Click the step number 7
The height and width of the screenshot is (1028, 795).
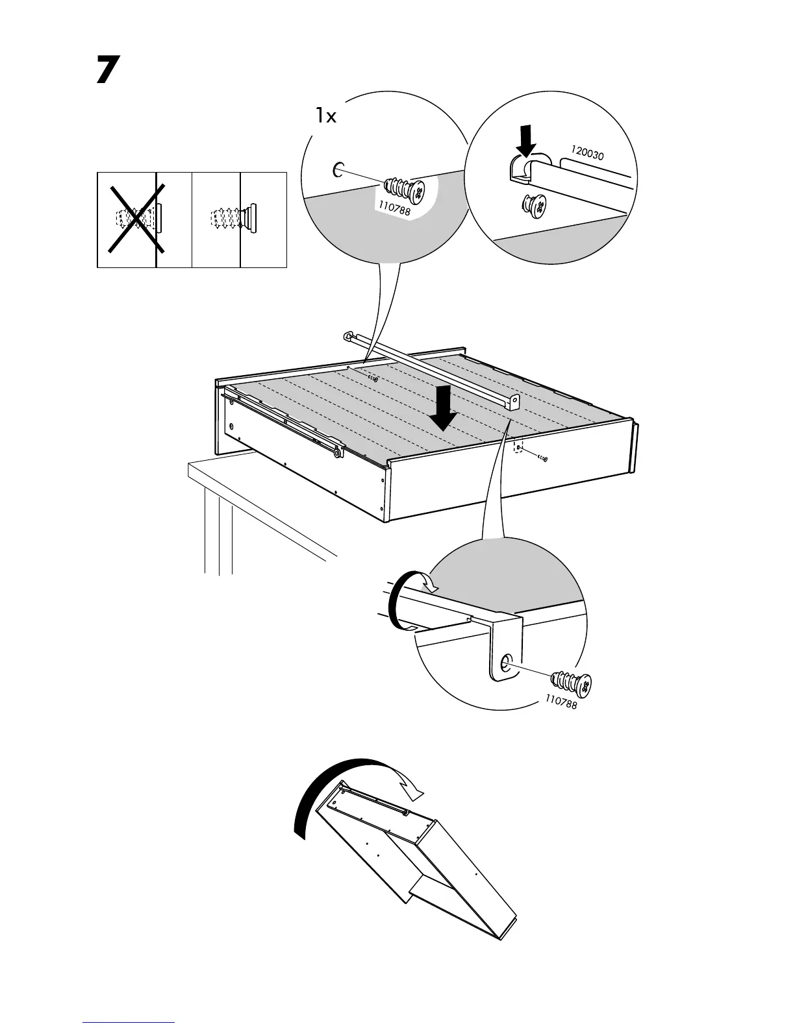tap(108, 71)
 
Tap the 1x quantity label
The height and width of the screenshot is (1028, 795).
tap(326, 116)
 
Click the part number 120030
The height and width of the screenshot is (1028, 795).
tap(588, 154)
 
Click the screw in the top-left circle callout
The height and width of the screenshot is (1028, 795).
tap(405, 188)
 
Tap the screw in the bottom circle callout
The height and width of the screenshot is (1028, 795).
tap(571, 683)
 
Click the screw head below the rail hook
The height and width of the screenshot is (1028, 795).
tap(533, 206)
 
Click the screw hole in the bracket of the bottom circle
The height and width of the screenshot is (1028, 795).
tap(505, 663)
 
